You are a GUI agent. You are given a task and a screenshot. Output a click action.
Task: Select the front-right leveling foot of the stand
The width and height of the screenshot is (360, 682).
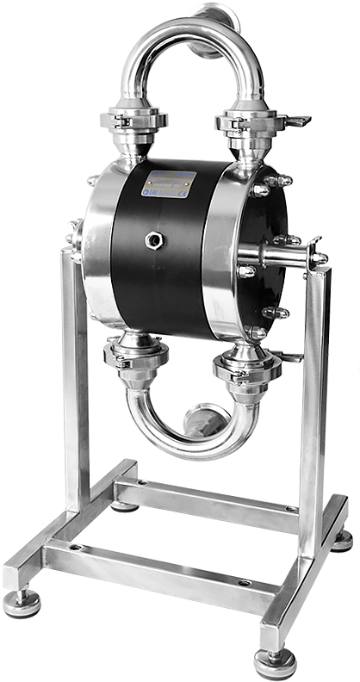(275, 661)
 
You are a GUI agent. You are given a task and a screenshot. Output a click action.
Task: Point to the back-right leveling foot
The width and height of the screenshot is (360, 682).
(342, 540)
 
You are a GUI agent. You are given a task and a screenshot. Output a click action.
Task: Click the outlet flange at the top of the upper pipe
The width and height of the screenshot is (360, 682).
(211, 12)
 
